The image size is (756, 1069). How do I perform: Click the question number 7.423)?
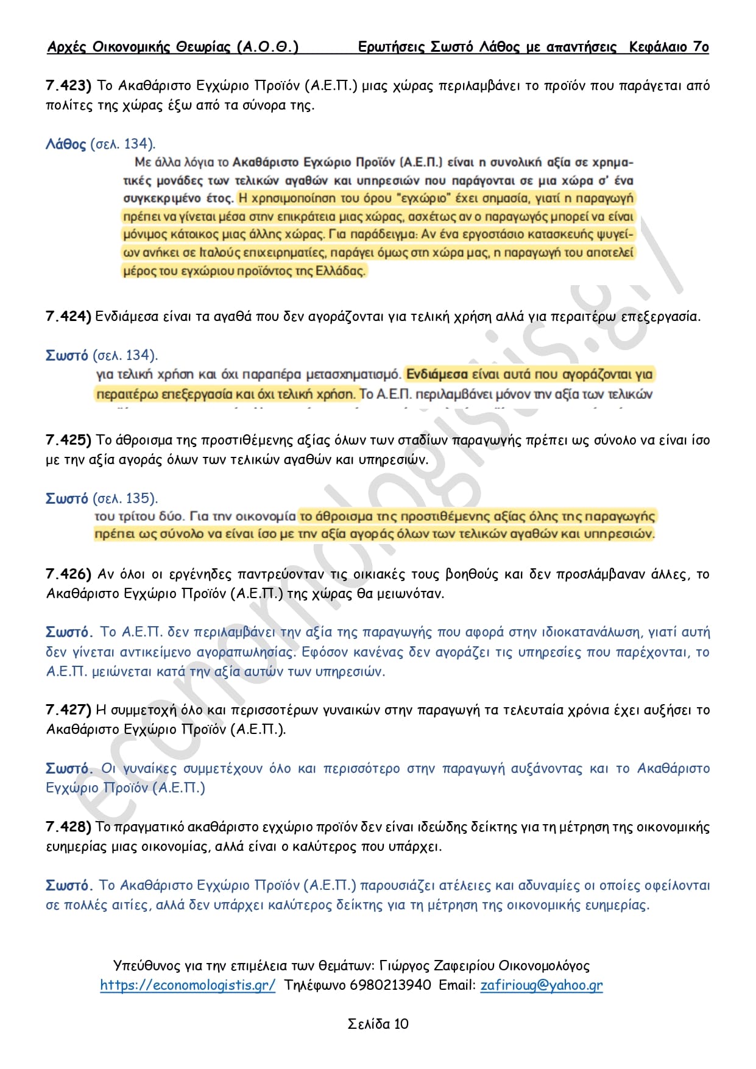(68, 86)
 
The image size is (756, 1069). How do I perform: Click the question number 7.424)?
(68, 317)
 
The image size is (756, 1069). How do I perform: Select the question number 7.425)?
(68, 440)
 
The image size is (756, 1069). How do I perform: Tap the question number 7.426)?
(68, 574)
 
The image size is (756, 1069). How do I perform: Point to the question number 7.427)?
(68, 710)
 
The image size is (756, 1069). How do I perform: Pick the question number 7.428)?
(68, 827)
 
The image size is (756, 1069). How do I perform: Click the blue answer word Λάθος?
(66, 144)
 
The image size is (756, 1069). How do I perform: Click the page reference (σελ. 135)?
(125, 499)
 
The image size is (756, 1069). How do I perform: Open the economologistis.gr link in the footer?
(188, 986)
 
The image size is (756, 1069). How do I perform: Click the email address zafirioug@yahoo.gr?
(542, 986)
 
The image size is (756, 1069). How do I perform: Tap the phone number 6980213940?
(390, 986)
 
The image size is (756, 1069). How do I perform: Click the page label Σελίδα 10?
(378, 1025)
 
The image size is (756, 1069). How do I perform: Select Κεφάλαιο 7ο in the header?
(669, 47)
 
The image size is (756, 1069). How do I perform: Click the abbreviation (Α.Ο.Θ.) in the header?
(267, 47)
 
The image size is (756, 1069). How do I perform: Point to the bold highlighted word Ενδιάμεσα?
(437, 374)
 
